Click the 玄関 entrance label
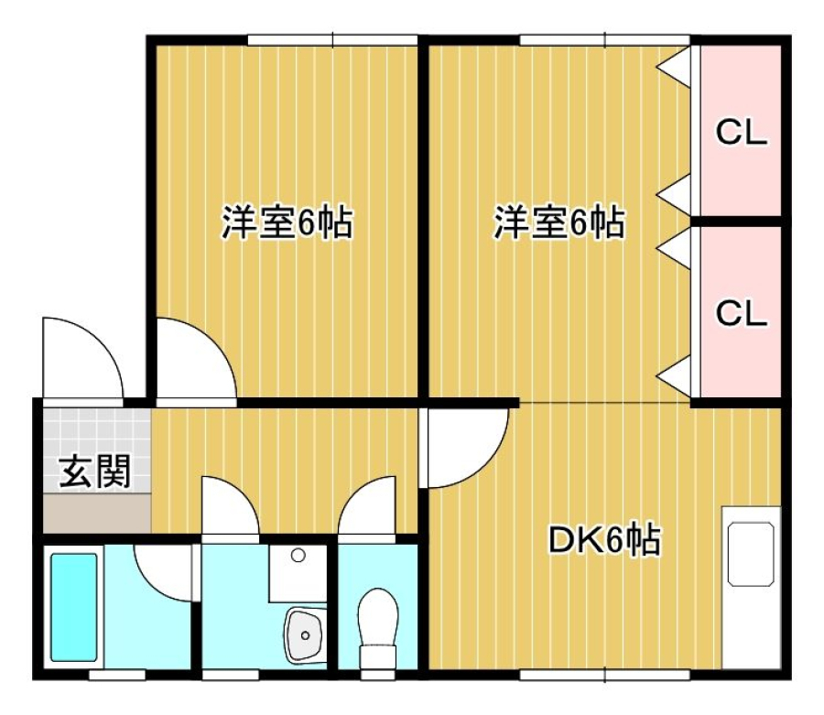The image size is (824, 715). point(94,471)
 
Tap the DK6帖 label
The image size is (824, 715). point(604,539)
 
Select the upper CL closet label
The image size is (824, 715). point(741,133)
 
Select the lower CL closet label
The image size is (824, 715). point(741,314)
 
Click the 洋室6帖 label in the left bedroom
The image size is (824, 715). point(287,222)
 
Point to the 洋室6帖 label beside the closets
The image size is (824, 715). point(559,222)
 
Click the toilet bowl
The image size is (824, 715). point(377,628)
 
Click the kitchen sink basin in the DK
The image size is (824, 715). point(751,554)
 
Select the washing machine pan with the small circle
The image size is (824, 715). point(298,573)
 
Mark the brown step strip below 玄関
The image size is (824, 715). point(97,513)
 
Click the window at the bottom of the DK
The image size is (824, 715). point(604,675)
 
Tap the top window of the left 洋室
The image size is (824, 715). point(332,40)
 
